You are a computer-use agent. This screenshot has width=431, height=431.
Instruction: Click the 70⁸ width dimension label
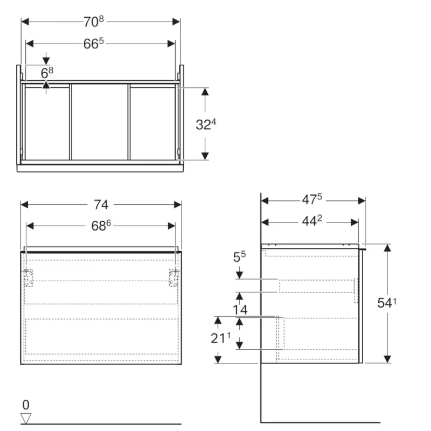tap(93, 22)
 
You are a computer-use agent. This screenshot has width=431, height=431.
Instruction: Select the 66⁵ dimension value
tap(93, 44)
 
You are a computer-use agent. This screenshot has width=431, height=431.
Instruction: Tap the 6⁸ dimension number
tap(47, 73)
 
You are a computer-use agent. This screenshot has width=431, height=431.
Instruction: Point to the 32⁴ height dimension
tap(206, 124)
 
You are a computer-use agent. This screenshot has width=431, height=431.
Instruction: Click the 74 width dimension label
tap(101, 205)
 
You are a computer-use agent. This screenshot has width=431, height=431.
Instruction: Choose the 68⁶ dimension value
tap(101, 226)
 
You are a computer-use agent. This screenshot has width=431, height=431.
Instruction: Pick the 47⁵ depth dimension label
tap(312, 199)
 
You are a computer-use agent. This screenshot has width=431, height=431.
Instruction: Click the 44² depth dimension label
tap(312, 221)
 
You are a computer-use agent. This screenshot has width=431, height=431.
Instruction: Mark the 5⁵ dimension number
tap(239, 257)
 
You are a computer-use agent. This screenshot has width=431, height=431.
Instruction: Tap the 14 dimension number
tap(240, 310)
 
